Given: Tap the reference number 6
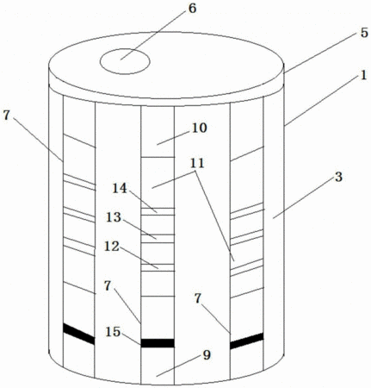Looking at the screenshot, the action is (x=192, y=9).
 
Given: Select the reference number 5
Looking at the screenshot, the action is (x=364, y=33).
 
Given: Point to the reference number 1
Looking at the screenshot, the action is (x=364, y=76).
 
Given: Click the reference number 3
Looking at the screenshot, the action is (x=339, y=177).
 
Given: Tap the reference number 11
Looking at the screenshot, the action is (x=197, y=163).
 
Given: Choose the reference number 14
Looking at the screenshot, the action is (x=120, y=189).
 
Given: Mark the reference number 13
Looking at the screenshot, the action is (x=114, y=217).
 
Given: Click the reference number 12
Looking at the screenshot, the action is (x=112, y=247).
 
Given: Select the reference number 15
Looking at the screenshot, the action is (x=113, y=332).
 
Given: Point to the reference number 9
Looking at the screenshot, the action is (x=207, y=355).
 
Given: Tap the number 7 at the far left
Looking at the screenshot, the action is (x=6, y=116).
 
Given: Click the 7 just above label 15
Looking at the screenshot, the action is (x=108, y=286).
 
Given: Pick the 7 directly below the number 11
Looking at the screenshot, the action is (x=198, y=299).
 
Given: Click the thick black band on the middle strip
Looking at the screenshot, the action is (x=158, y=343).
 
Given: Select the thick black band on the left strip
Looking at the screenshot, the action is (x=79, y=334).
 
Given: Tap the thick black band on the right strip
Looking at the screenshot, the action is (x=247, y=341).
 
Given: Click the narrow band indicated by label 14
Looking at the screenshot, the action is (x=158, y=211).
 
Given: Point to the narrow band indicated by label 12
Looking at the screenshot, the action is (x=158, y=267).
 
